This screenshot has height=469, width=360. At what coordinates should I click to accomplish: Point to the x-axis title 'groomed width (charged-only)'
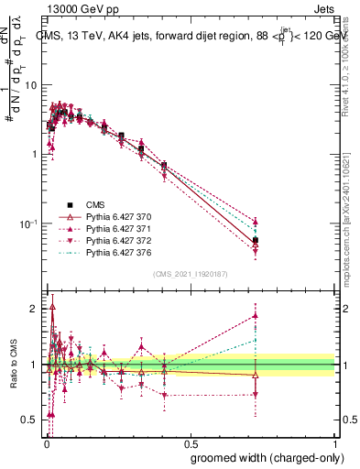262,458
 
